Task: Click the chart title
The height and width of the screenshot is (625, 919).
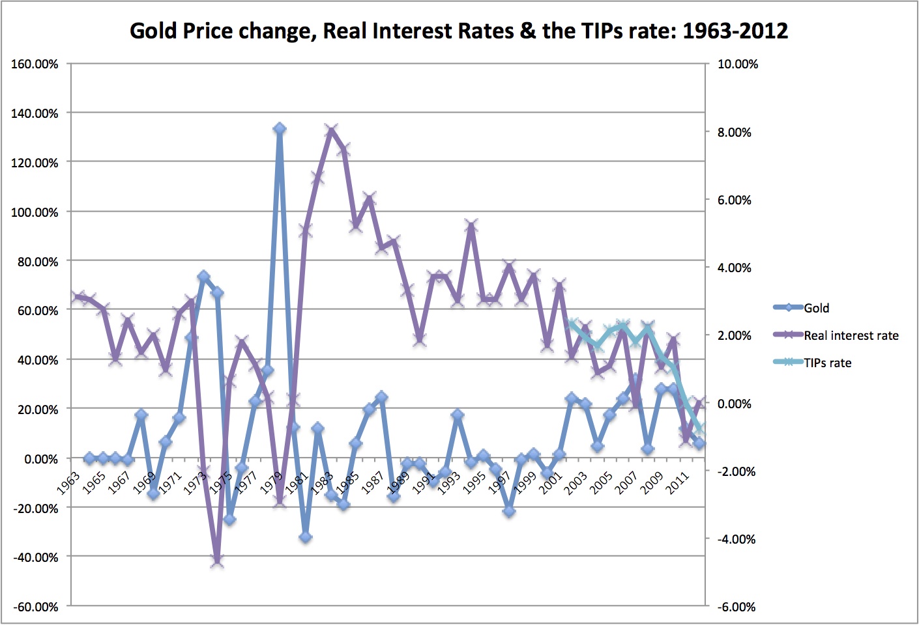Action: pos(459,31)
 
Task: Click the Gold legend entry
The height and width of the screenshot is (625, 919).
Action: pos(816,308)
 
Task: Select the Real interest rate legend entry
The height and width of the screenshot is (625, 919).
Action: pos(851,335)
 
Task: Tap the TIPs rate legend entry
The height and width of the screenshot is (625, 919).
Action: pos(827,363)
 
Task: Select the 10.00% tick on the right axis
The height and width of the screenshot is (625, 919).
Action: pos(738,64)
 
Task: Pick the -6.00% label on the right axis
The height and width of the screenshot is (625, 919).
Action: pos(737,607)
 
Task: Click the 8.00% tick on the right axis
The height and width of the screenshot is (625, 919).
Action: pos(735,132)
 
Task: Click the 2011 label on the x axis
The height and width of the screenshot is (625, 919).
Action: pos(678,483)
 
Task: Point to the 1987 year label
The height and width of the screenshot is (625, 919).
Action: pos(372,483)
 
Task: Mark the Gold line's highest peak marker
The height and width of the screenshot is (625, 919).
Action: pos(280,129)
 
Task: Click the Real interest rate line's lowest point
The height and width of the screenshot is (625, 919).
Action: pos(217,561)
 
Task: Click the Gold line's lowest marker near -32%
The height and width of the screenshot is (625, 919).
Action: pos(306,537)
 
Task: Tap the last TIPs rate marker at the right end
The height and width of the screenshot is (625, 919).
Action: pos(700,429)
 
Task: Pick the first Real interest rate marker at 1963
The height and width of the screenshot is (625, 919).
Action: pos(77,296)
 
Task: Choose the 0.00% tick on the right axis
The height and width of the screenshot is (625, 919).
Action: pos(735,404)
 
